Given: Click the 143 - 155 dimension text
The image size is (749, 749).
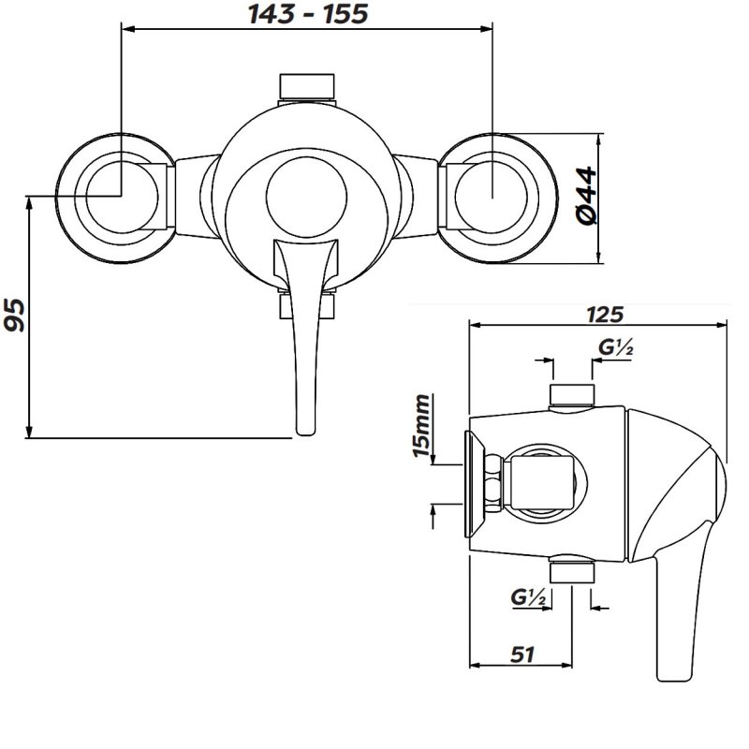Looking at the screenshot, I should [x=307, y=14].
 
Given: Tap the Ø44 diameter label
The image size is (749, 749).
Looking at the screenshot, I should [x=587, y=196].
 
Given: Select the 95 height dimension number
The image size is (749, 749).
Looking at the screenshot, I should [x=14, y=316].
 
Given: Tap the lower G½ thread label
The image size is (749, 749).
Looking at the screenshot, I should [x=529, y=595].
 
